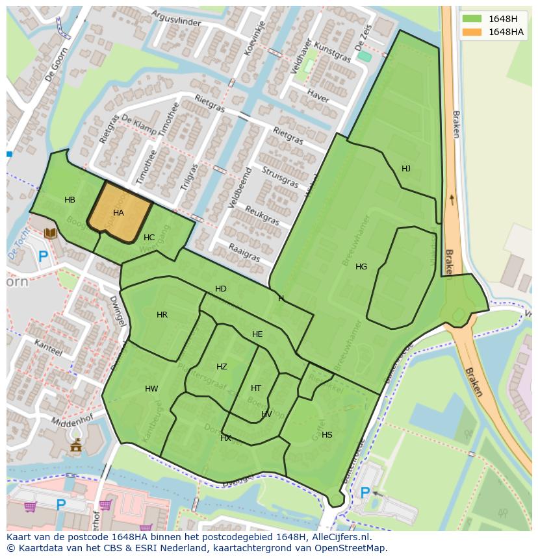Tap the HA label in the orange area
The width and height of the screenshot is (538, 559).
118,212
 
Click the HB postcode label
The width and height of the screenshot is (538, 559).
70,200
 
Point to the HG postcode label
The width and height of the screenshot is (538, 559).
361,267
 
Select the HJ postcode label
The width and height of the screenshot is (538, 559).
406,169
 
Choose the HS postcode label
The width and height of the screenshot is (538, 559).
327,435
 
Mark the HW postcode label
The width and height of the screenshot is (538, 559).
151,390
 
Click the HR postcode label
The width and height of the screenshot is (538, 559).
162,315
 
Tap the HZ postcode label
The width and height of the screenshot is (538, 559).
222,367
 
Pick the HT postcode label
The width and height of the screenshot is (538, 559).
256,388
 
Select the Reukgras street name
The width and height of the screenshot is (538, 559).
263,216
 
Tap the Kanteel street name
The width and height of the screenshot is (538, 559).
49,347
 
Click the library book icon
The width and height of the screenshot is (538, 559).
50,232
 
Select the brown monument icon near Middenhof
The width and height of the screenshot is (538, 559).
76,445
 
